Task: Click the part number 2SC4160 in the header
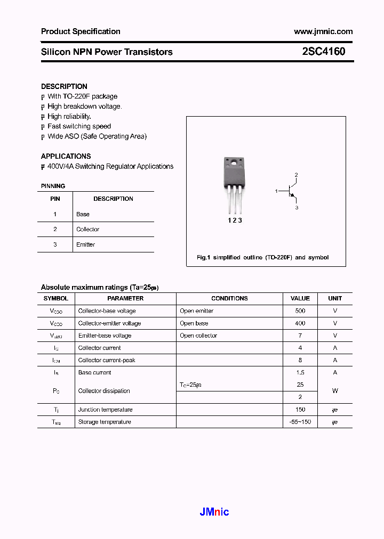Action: point(323,52)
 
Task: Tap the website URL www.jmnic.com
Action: point(323,31)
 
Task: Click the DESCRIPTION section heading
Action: point(64,86)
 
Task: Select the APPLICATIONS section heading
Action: point(66,156)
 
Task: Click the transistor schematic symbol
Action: point(290,191)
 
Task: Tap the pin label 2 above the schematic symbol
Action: point(296,175)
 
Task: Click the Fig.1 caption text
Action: point(262,257)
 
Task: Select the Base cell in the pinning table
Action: point(83,214)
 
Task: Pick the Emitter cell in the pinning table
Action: point(85,244)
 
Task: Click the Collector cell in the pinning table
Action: point(87,230)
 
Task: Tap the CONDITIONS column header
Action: point(229,298)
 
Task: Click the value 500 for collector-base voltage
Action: point(300,311)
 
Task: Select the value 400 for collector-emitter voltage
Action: point(300,323)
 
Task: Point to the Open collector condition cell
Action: point(198,336)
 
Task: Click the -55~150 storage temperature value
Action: point(300,422)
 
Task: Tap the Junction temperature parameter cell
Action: point(105,410)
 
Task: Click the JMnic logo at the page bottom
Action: point(214,512)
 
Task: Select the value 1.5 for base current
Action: point(300,373)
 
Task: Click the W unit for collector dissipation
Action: point(335,391)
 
